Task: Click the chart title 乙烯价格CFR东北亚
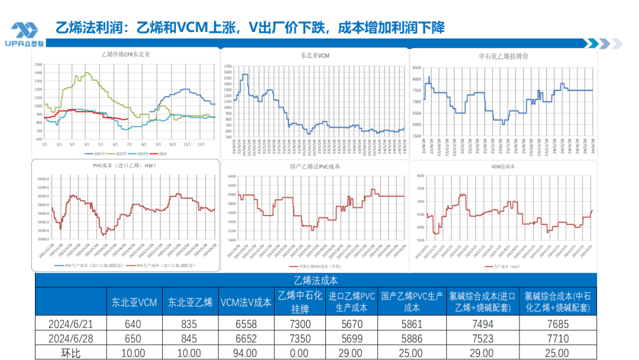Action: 125,54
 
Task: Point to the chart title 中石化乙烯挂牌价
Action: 503,56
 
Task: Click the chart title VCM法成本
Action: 503,167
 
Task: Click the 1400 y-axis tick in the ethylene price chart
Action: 38,73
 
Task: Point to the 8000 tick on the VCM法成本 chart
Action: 421,176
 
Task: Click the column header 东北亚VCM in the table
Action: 134,303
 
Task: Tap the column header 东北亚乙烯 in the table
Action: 190,303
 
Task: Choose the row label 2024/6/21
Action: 70,324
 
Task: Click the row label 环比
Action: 70,353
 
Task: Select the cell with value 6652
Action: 246,339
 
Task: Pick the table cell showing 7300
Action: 301,324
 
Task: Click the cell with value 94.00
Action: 246,353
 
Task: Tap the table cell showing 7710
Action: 558,339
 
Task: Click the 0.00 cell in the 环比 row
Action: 301,353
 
